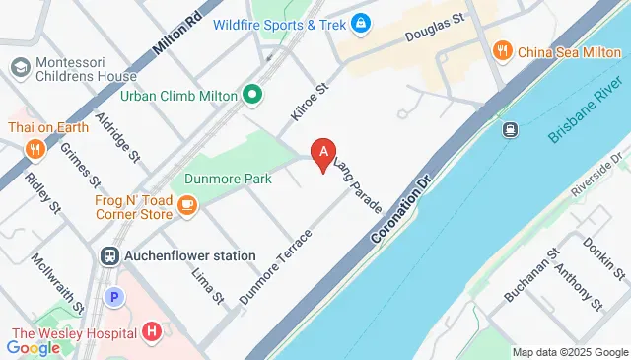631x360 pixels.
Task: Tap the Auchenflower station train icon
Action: tap(108, 255)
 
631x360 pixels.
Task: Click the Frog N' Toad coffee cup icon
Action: tap(187, 205)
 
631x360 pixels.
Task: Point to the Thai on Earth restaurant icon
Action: tap(35, 149)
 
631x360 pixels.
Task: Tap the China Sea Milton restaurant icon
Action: tap(502, 50)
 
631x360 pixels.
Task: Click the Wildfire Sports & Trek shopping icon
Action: tap(361, 22)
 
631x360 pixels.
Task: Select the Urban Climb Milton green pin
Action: tap(252, 96)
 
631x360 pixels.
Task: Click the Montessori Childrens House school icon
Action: tap(19, 68)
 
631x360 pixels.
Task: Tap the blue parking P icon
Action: tap(114, 296)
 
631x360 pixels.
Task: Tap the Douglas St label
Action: tap(435, 28)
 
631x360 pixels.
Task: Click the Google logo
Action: tap(34, 346)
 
